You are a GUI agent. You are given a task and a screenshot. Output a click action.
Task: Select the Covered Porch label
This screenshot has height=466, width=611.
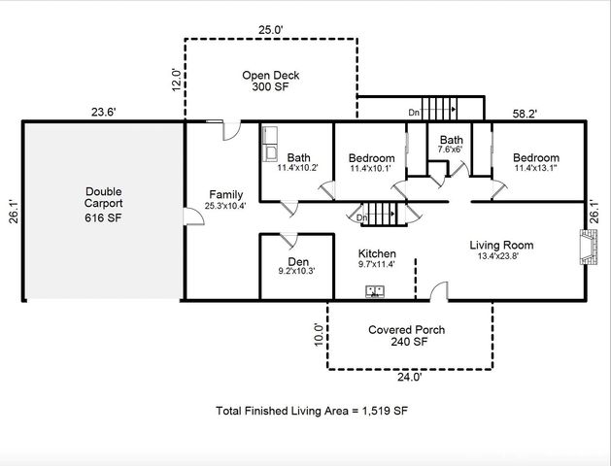tap(406, 336)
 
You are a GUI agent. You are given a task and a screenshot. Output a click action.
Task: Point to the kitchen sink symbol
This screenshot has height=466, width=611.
tap(377, 290)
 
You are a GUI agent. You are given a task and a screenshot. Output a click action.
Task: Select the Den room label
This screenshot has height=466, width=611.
tap(298, 267)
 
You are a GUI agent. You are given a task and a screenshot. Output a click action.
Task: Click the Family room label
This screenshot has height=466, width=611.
tap(225, 200)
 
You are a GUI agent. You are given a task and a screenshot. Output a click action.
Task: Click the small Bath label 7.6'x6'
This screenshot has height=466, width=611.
tap(451, 145)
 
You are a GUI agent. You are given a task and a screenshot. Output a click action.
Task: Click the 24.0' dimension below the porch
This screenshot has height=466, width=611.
tap(408, 378)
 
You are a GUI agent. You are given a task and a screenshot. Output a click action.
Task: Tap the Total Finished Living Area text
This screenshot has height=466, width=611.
tap(311, 412)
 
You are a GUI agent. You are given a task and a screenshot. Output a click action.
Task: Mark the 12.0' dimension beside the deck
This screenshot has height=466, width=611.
tap(176, 79)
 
